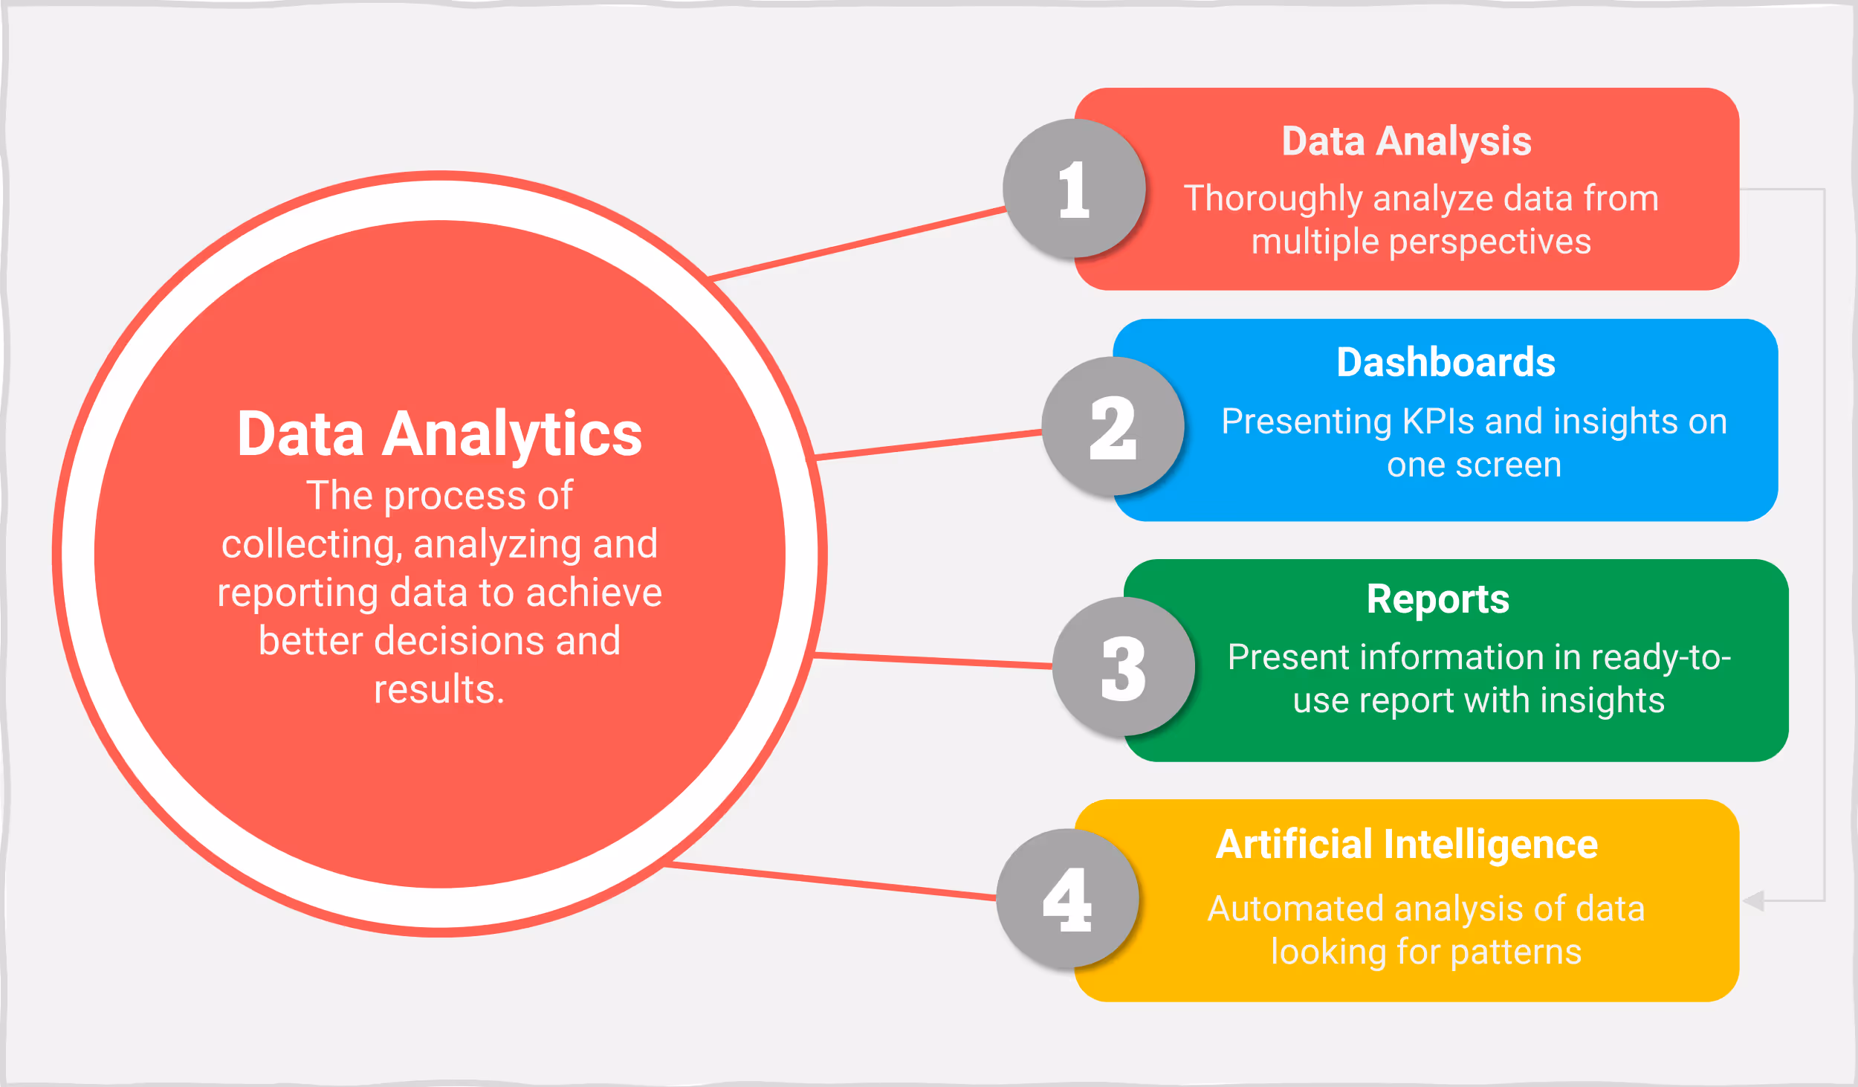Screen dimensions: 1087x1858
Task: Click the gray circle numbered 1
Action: pyautogui.click(x=1074, y=189)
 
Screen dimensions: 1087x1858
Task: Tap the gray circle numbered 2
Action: pyautogui.click(x=1113, y=427)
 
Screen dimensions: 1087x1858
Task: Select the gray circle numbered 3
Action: pyautogui.click(x=1123, y=667)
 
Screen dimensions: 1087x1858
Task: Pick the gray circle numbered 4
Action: pyautogui.click(x=1067, y=899)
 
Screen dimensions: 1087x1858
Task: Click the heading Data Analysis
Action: pyautogui.click(x=1406, y=141)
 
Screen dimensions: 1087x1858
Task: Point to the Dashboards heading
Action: pyautogui.click(x=1446, y=363)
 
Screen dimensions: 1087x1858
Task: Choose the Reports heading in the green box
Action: pyautogui.click(x=1437, y=599)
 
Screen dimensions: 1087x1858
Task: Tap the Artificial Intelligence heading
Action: pyautogui.click(x=1406, y=845)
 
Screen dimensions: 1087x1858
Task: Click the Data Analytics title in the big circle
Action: pyautogui.click(x=439, y=434)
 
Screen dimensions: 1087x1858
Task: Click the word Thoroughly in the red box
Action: pyautogui.click(x=1273, y=199)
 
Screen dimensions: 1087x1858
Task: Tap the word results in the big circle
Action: pyautogui.click(x=437, y=689)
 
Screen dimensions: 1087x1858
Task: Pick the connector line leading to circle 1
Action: pyautogui.click(x=855, y=243)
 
